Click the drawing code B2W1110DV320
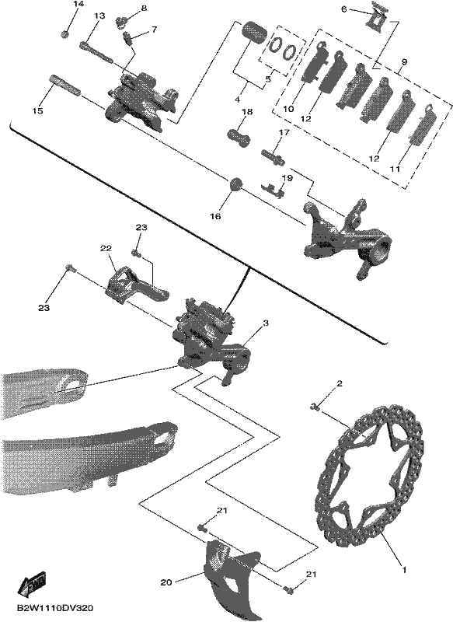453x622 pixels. pos(55,608)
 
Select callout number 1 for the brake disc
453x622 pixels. pos(404,570)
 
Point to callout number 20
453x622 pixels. pos(166,582)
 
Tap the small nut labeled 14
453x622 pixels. pos(66,34)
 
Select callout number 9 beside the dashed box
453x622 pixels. pos(404,62)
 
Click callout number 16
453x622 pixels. pos(216,217)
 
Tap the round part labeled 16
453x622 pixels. pos(235,185)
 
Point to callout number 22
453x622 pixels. pos(106,248)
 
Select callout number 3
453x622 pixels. pos(266,323)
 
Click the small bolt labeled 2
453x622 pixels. pos(315,406)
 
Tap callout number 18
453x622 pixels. pos(247,112)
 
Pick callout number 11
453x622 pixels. pos(395,169)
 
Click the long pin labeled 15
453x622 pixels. pos(65,86)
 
